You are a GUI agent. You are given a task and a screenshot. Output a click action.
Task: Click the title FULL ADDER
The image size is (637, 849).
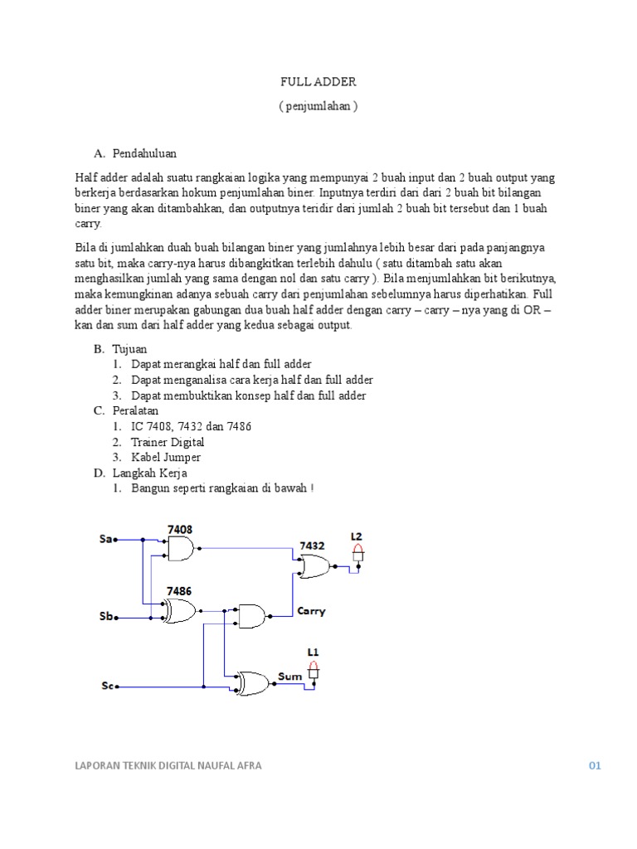[x=318, y=83]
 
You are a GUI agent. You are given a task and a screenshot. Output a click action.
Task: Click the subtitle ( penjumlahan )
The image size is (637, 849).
[x=318, y=108]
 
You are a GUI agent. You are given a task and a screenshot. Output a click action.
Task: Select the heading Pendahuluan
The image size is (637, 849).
[x=145, y=153]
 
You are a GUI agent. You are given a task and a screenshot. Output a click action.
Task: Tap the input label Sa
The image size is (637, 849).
[x=105, y=540]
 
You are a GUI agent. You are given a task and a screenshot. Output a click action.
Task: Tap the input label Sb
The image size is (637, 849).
[x=105, y=617]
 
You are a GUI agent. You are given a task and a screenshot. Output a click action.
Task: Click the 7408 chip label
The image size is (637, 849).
[x=181, y=528]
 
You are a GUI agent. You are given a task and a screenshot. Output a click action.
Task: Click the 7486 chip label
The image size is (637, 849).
[x=180, y=591]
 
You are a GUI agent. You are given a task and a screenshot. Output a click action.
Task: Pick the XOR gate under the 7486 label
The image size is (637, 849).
[x=182, y=612]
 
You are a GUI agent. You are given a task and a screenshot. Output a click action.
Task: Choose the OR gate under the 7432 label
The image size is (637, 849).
[x=314, y=568]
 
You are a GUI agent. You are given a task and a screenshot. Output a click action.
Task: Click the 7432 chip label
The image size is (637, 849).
[x=312, y=546]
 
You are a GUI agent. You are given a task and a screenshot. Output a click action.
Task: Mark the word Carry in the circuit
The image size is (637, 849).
[x=311, y=612]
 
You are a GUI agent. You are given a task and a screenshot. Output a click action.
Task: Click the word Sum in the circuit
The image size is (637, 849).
[x=289, y=677]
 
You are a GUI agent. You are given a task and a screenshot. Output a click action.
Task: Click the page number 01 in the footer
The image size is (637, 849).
[x=594, y=766]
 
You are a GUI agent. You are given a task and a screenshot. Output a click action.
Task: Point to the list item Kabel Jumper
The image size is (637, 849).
[x=166, y=458]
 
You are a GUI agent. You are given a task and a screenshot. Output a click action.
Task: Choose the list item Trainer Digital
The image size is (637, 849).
[x=168, y=442]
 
